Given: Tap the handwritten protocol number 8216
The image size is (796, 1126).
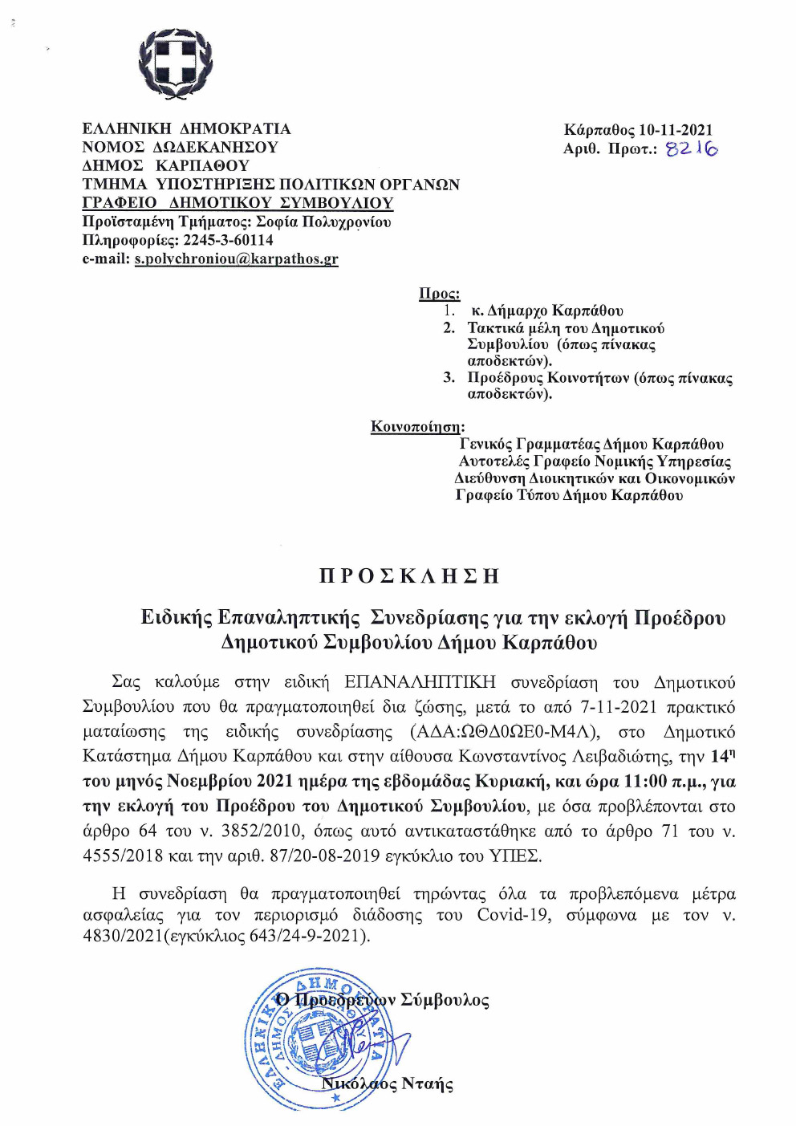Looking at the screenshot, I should point(692,148).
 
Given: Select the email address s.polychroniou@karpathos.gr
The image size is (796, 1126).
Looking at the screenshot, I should point(236,259).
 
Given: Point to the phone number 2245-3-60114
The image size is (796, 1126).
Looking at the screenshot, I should point(229,240).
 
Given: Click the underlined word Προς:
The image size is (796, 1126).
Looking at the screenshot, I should point(439,294).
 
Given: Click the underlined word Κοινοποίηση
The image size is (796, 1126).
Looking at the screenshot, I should point(416,426).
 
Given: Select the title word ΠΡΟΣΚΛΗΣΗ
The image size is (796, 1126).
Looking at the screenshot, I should point(409,575).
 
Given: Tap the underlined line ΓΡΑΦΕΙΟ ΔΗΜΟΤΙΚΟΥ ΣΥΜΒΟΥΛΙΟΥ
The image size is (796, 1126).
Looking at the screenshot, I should point(238,203).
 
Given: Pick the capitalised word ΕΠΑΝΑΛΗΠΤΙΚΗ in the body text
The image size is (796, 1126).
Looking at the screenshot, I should point(420,682).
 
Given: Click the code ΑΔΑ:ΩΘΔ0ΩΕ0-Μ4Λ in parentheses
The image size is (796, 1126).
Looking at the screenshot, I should point(504,732).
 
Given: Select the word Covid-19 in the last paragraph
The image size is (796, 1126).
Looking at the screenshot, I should point(514,915).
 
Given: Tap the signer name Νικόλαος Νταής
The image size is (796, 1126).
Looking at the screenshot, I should point(387,1084).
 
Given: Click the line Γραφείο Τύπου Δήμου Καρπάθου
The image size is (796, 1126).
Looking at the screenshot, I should point(569,495).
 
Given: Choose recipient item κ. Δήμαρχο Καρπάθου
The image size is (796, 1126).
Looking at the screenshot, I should point(546,311).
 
